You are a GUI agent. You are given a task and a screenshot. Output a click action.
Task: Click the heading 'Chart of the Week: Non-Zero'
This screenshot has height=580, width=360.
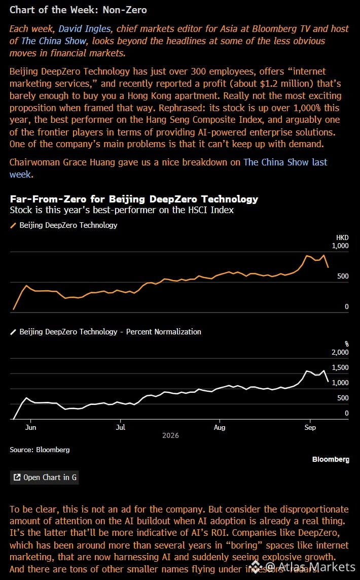pyautogui.click(x=78, y=10)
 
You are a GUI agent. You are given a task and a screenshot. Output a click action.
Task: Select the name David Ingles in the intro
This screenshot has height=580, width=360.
pyautogui.click(x=85, y=29)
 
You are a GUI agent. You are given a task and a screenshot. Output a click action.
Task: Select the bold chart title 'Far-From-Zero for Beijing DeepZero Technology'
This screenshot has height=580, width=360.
pyautogui.click(x=134, y=199)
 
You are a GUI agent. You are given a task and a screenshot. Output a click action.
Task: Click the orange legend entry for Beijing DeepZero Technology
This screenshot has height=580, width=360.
pyautogui.click(x=63, y=225)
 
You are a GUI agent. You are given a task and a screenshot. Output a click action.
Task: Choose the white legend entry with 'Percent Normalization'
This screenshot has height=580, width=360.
pyautogui.click(x=105, y=331)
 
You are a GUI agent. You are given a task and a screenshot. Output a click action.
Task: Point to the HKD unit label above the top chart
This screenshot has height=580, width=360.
pyautogui.click(x=342, y=237)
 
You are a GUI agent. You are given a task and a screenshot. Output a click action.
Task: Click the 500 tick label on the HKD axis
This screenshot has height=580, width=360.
pyautogui.click(x=343, y=276)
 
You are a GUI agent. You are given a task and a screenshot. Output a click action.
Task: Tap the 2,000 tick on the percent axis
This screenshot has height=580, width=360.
pyautogui.click(x=340, y=352)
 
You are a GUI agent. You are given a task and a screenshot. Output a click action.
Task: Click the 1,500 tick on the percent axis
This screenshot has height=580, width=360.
pyautogui.click(x=340, y=367)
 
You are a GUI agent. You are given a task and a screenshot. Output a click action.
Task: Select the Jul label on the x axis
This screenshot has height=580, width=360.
pyautogui.click(x=121, y=427)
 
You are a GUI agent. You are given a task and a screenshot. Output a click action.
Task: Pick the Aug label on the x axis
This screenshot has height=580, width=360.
pyautogui.click(x=220, y=427)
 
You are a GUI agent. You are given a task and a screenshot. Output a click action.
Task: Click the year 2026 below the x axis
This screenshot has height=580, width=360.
pyautogui.click(x=170, y=435)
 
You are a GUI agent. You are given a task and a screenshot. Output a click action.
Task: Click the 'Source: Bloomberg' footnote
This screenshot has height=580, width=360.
pyautogui.click(x=40, y=450)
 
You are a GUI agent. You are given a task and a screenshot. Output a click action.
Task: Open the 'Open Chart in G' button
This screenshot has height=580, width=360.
pyautogui.click(x=44, y=477)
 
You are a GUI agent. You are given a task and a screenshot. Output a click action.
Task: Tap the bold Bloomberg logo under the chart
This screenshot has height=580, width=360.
pyautogui.click(x=331, y=459)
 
